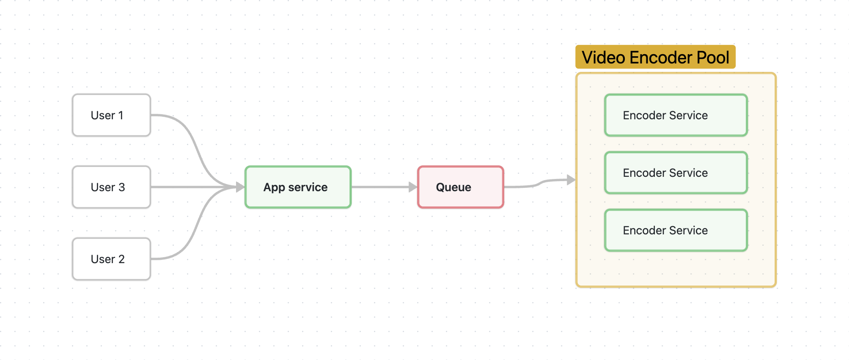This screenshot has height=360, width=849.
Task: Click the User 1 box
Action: pyautogui.click(x=111, y=115)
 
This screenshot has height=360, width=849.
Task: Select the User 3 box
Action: pyautogui.click(x=111, y=187)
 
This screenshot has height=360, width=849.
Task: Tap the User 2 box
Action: pyautogui.click(x=111, y=259)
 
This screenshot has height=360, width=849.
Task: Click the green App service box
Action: pyautogui.click(x=298, y=187)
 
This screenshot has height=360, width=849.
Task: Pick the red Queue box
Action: pyautogui.click(x=460, y=187)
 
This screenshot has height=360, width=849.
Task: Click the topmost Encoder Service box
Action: pyautogui.click(x=676, y=115)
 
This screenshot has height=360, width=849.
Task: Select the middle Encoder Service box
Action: pyautogui.click(x=676, y=173)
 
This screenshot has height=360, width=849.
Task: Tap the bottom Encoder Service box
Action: pyautogui.click(x=676, y=230)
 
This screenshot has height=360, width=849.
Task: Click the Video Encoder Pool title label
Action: pyautogui.click(x=655, y=57)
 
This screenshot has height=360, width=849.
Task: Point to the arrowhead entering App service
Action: pyautogui.click(x=240, y=187)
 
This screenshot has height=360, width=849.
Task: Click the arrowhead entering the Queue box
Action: pyautogui.click(x=413, y=187)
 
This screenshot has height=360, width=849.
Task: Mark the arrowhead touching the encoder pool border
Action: pyautogui.click(x=571, y=180)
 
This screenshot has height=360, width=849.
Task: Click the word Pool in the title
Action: pyautogui.click(x=713, y=57)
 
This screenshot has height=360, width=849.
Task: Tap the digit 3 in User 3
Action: pyautogui.click(x=122, y=187)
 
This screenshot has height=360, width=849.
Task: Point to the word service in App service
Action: pyautogui.click(x=308, y=187)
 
